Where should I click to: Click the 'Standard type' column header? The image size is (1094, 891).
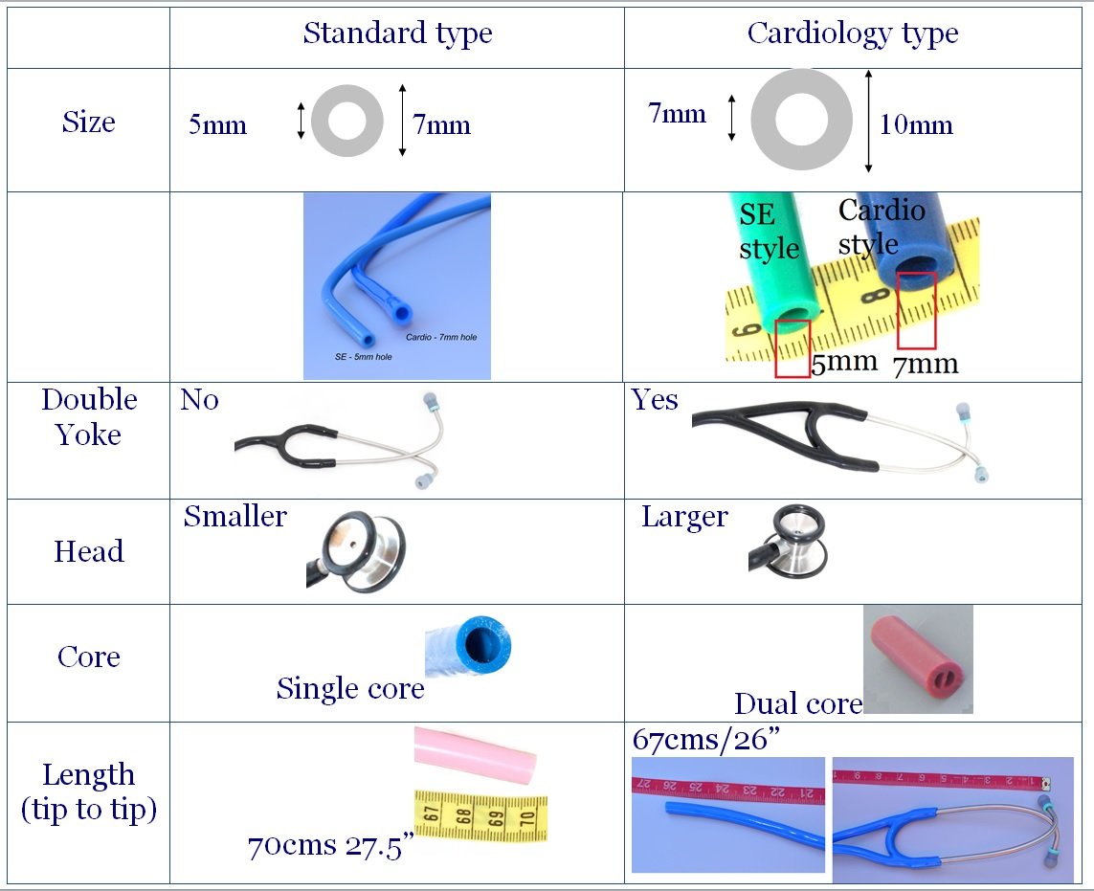[x=397, y=33]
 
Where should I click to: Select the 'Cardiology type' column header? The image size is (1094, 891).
[x=852, y=33]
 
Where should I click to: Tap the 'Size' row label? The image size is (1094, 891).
[x=88, y=123]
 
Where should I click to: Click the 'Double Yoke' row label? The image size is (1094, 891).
[x=88, y=417]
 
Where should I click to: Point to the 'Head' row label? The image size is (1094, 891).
[x=88, y=551]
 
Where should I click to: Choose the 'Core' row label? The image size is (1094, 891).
[x=88, y=657]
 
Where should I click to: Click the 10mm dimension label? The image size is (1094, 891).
[x=916, y=125]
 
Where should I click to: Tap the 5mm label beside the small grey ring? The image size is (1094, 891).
[x=217, y=125]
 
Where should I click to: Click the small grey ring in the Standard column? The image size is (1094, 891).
[x=347, y=122]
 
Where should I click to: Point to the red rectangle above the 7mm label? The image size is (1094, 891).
[x=916, y=310]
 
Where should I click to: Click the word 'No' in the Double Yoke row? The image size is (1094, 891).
[x=199, y=400]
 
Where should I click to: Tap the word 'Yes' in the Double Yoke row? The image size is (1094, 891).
[x=655, y=400]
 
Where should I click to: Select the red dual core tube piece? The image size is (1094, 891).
[x=917, y=659]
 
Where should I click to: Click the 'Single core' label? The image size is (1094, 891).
[x=350, y=689]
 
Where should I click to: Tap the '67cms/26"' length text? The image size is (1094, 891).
[x=702, y=740]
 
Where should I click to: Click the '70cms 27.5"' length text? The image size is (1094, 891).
[x=330, y=846]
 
